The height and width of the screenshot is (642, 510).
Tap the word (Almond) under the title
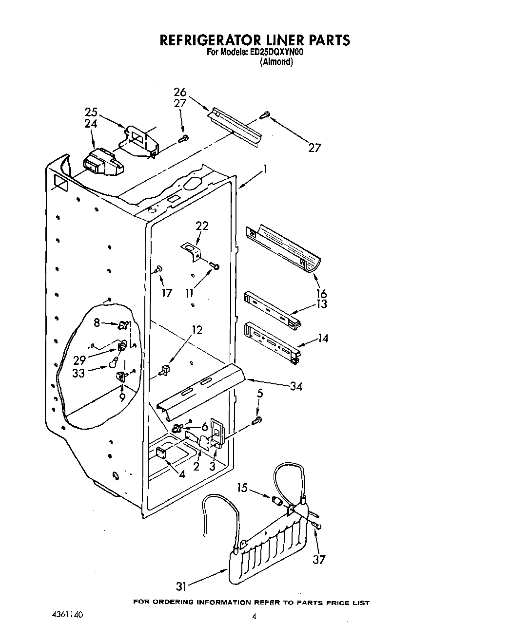276,62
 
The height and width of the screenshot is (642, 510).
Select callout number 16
321,294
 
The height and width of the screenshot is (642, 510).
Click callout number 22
202,226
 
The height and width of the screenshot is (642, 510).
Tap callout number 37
318,560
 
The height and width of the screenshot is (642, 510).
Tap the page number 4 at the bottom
254,616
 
